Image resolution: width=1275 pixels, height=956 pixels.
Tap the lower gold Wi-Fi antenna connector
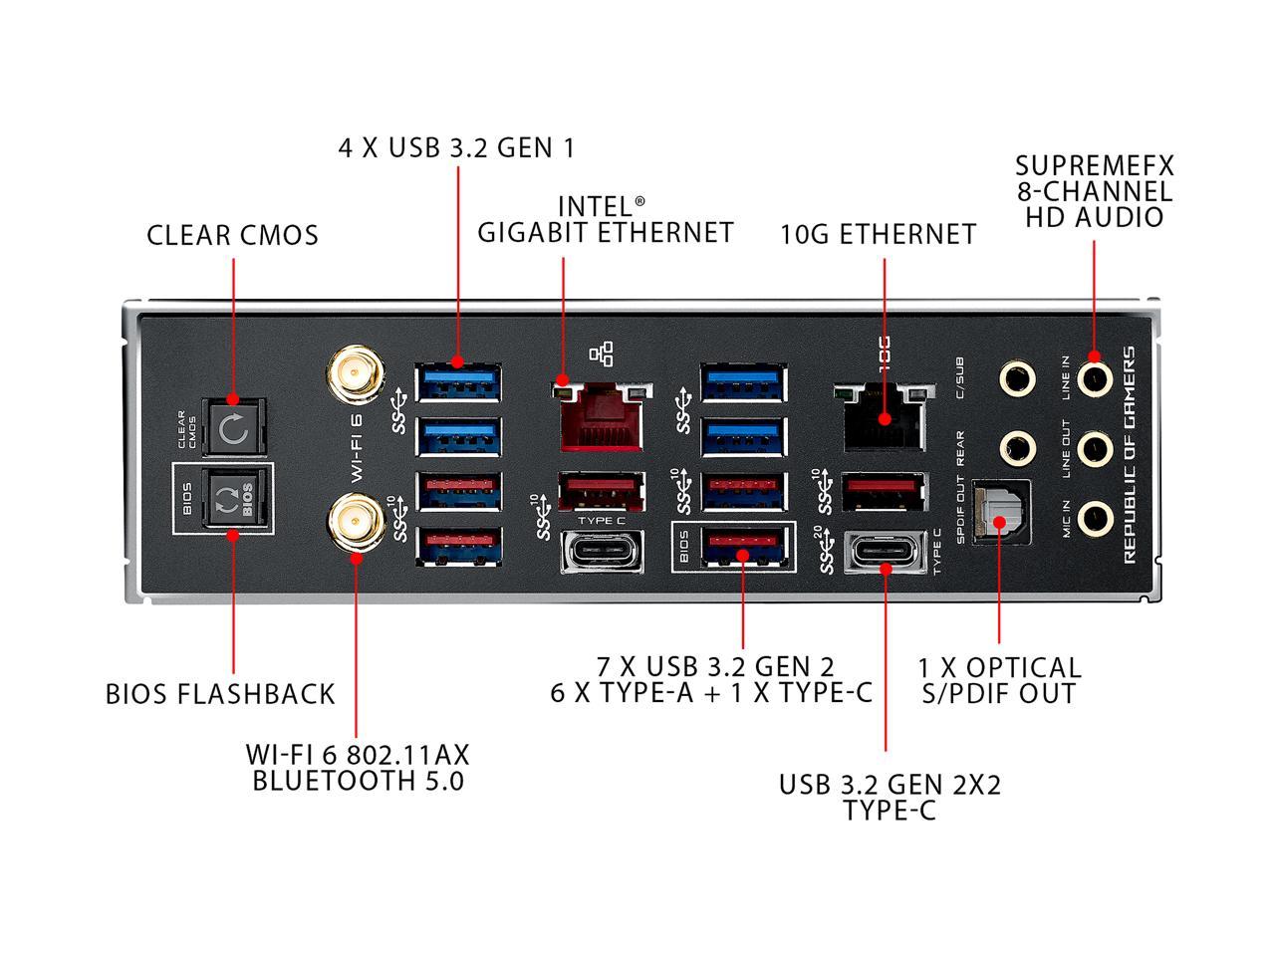(x=351, y=519)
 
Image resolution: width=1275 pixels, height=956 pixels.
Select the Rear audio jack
(x=1017, y=448)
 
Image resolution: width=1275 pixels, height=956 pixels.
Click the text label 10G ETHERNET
(x=878, y=235)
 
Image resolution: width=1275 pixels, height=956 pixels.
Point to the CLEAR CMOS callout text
(x=233, y=236)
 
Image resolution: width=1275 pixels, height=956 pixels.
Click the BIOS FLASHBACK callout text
(x=220, y=694)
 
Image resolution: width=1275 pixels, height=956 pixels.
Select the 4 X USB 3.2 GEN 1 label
(x=456, y=148)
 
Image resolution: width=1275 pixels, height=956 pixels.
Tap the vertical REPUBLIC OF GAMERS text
(x=1131, y=455)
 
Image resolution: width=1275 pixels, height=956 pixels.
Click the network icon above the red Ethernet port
(x=603, y=354)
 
